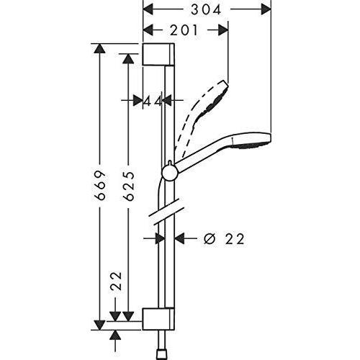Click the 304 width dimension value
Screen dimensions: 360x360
pyautogui.click(x=204, y=9)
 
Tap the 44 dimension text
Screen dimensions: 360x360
pyautogui.click(x=152, y=101)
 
